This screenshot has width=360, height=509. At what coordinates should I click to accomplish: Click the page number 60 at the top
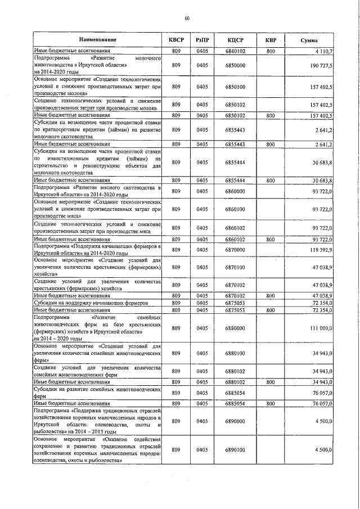[x=186, y=19]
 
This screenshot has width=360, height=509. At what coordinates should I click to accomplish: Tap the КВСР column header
[x=176, y=40]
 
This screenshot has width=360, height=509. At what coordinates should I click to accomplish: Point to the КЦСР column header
[x=235, y=40]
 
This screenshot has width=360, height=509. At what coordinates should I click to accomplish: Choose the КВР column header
[x=271, y=40]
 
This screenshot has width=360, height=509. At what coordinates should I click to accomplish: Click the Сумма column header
[x=308, y=40]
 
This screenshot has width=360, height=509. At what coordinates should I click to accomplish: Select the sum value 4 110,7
[x=323, y=51]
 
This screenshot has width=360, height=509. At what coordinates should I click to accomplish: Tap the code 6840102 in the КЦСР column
[x=235, y=51]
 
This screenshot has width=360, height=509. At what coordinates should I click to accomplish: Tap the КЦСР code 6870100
[x=235, y=268]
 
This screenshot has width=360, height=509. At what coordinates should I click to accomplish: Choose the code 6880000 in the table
[x=235, y=328]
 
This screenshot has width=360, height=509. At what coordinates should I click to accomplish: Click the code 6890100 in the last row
[x=235, y=450]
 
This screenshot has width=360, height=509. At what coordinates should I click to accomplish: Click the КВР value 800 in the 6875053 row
[x=271, y=309]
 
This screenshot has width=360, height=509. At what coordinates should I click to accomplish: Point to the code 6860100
[x=235, y=209]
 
